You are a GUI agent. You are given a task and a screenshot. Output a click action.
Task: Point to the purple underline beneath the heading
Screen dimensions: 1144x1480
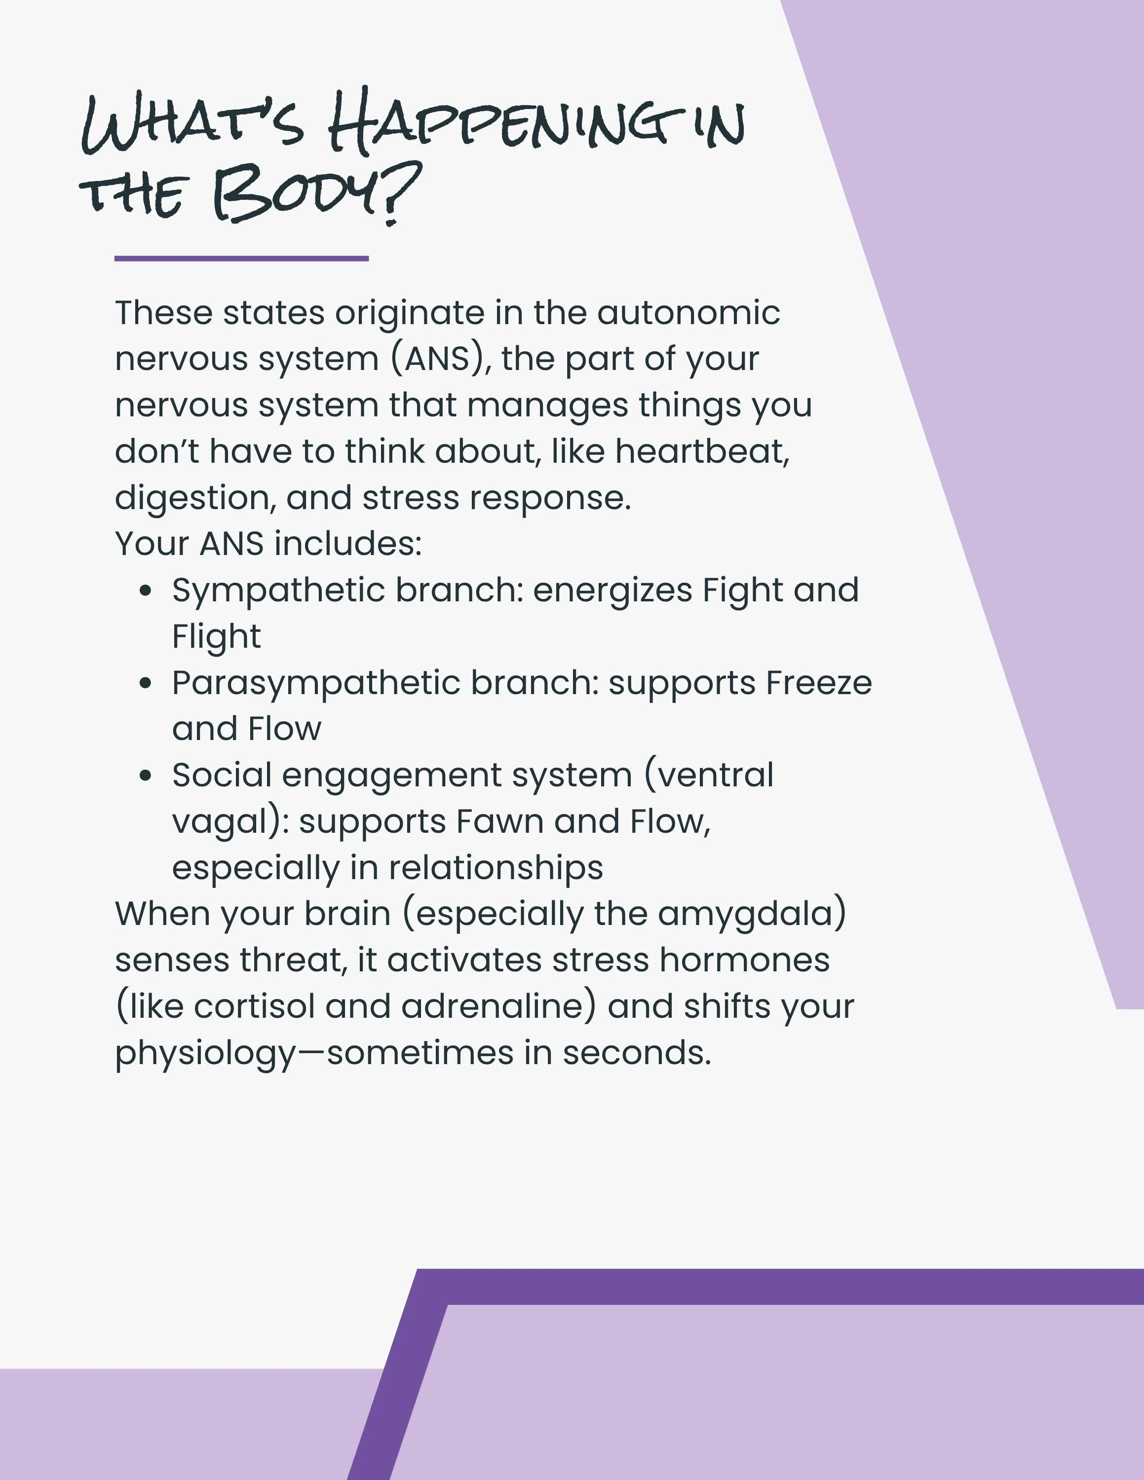(241, 258)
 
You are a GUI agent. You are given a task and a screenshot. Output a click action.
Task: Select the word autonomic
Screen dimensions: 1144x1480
(688, 313)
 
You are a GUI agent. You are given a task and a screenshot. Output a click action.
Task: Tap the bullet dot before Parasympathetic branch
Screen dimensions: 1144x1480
(145, 683)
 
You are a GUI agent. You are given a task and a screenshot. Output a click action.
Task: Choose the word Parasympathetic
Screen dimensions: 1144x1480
(316, 683)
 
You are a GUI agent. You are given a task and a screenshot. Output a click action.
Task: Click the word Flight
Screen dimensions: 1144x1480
(216, 637)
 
